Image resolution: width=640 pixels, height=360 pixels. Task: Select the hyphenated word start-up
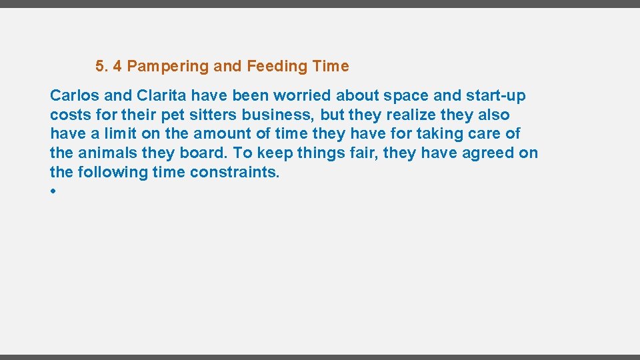tap(495, 95)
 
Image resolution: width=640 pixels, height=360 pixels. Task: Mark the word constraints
tap(234, 173)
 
